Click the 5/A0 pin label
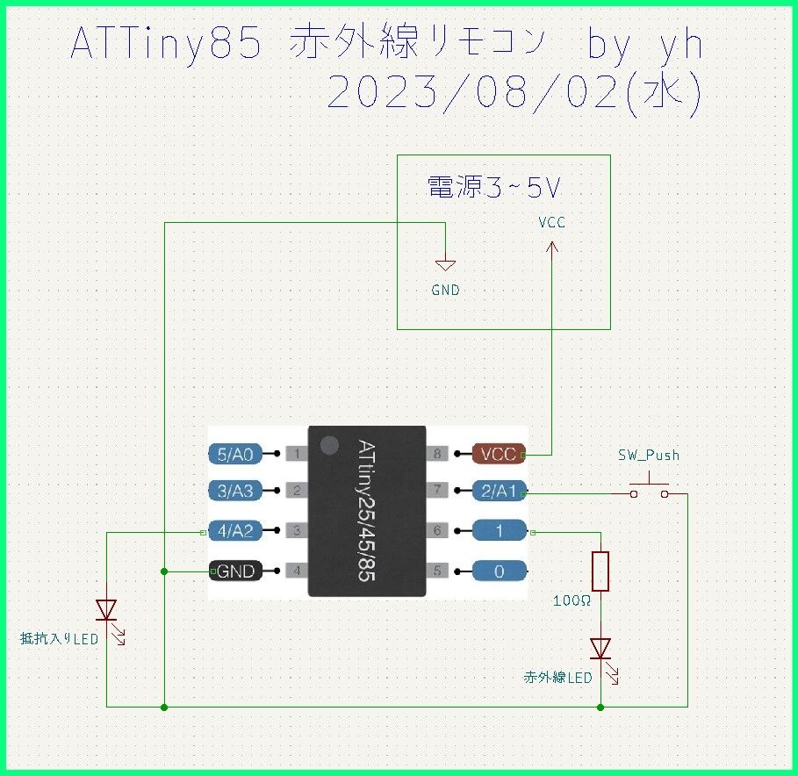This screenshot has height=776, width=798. click(x=234, y=454)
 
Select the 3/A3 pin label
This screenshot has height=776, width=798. click(x=234, y=492)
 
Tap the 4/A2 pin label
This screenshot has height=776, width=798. click(x=234, y=531)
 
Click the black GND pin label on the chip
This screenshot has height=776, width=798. click(x=235, y=571)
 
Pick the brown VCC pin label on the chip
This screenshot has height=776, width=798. click(x=497, y=455)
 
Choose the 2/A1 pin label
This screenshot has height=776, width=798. click(x=499, y=492)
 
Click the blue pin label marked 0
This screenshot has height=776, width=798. click(x=499, y=571)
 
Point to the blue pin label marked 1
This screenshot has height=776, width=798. click(x=499, y=531)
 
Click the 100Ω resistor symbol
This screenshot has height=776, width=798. click(x=600, y=571)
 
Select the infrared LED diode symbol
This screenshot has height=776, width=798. click(x=600, y=649)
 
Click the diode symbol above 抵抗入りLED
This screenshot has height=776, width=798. click(x=106, y=609)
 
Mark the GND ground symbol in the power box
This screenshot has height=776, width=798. click(x=446, y=264)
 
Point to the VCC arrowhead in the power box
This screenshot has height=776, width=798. click(x=552, y=249)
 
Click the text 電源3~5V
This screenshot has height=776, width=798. click(x=493, y=186)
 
